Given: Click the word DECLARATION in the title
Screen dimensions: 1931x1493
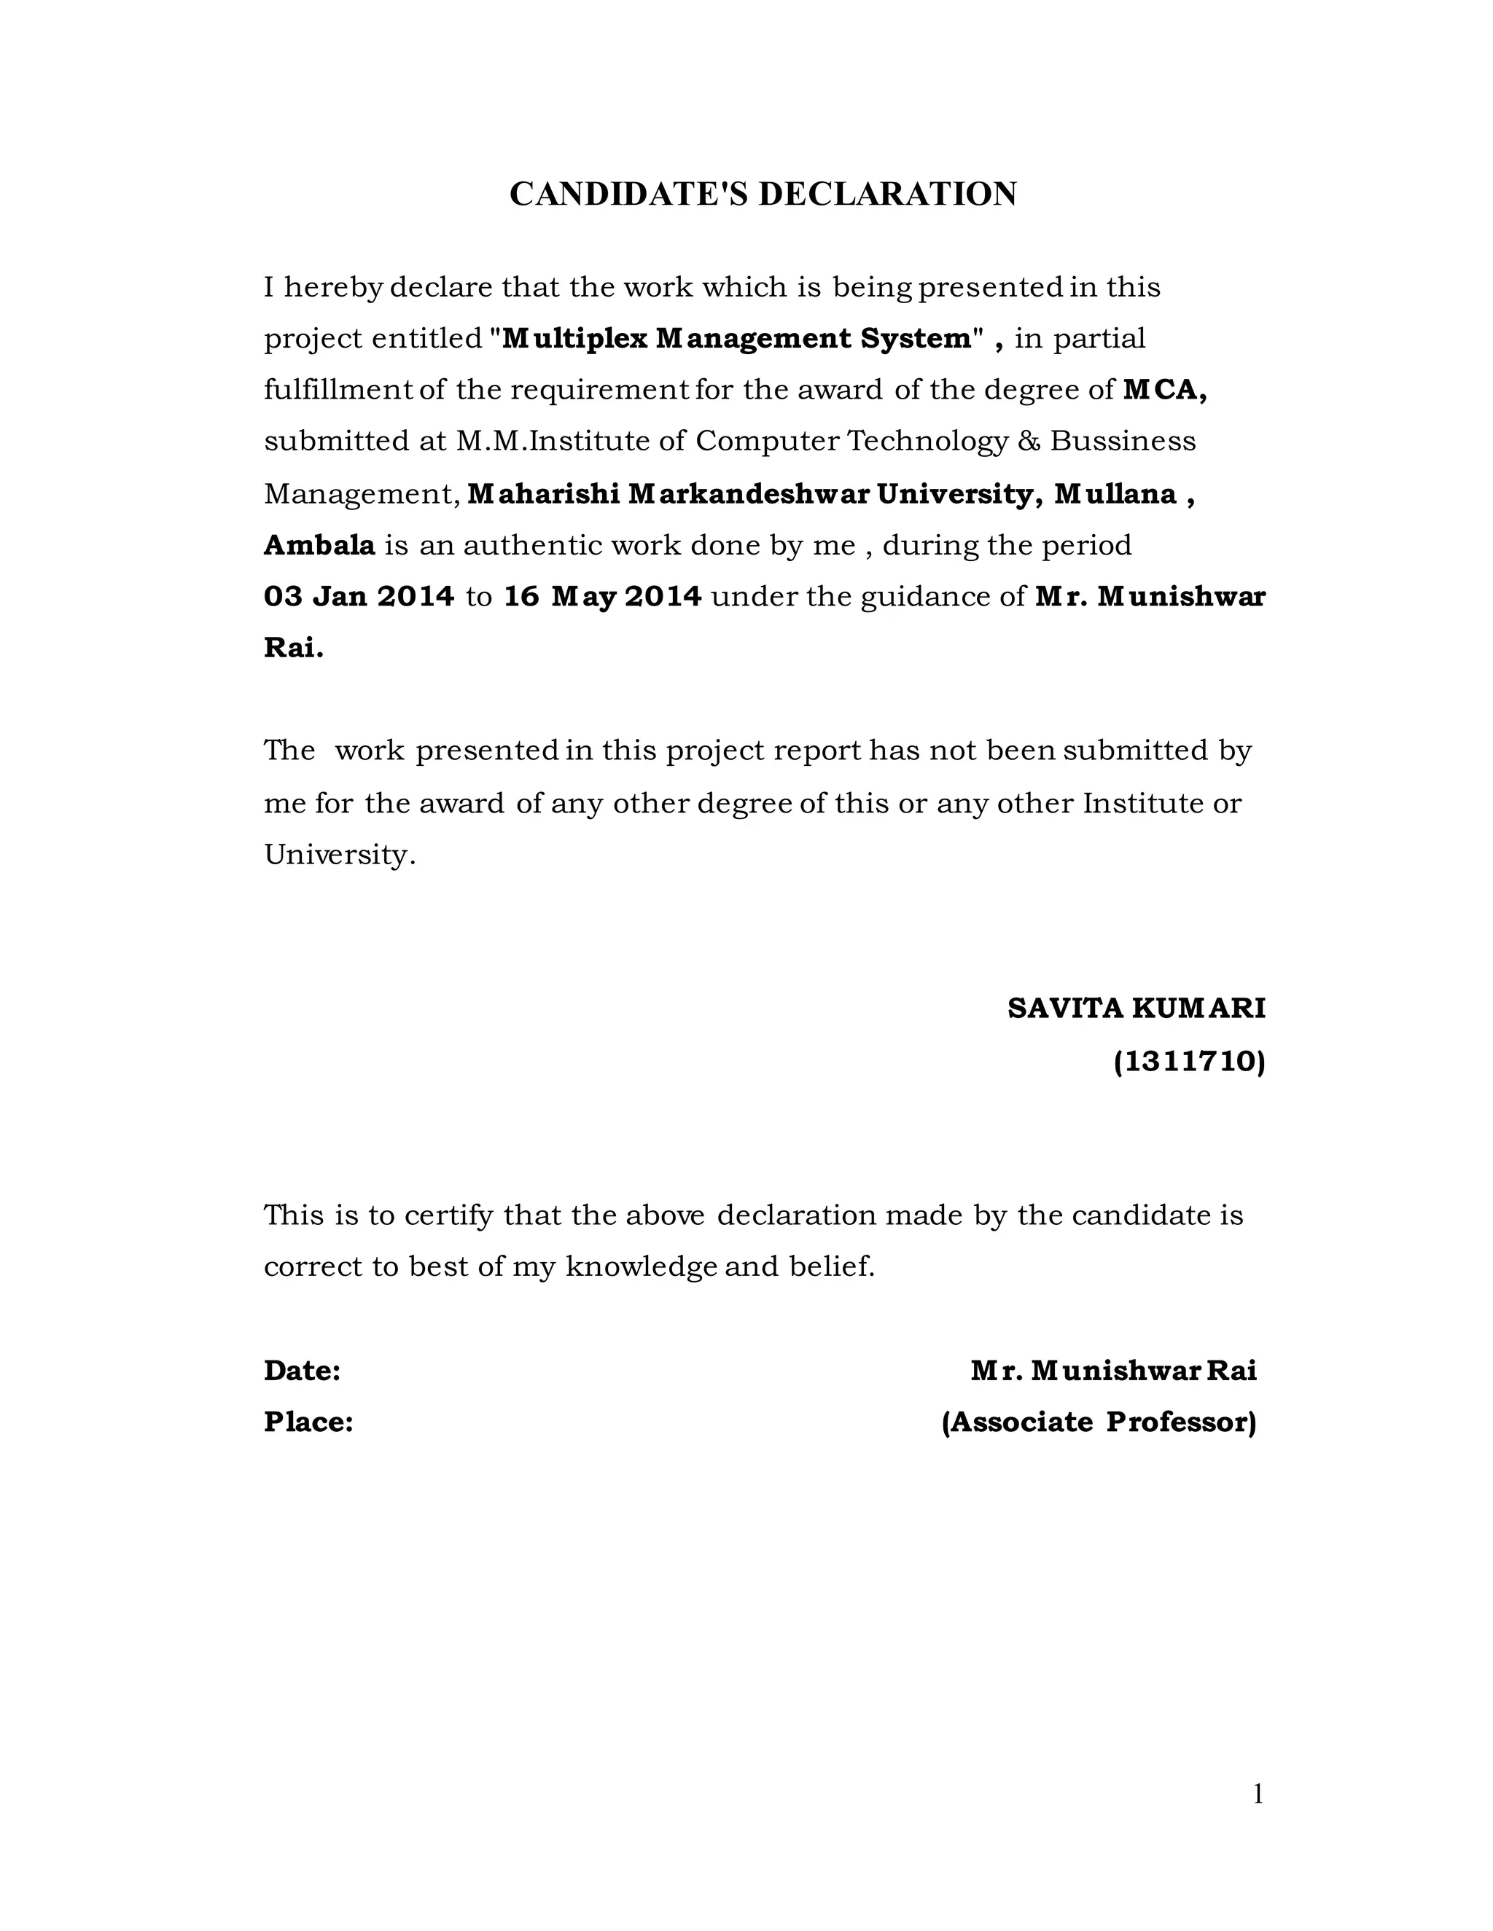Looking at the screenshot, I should pos(887,195).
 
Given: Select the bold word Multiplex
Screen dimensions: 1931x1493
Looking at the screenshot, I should pos(575,339).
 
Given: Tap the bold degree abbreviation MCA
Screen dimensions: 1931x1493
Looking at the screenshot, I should pos(1164,390).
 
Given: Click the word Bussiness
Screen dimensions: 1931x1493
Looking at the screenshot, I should pos(1123,441).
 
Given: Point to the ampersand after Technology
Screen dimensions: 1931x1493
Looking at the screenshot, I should pos(1029,441).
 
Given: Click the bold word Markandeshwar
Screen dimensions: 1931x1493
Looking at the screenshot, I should pos(749,493).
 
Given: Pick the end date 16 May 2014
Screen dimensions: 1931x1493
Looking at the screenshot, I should pos(602,597).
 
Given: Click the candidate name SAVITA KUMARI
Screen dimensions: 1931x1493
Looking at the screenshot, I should pos(1137,1008).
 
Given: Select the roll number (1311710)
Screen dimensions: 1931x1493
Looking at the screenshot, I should pos(1189,1061).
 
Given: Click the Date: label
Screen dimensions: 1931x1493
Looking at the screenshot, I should pos(303,1371).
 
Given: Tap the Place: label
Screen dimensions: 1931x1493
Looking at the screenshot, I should pos(308,1422).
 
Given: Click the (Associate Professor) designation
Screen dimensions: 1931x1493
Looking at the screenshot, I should pos(1099,1422).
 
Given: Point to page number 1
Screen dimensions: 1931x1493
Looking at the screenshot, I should pos(1258,1795).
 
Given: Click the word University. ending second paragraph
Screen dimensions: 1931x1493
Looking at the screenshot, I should pos(340,855).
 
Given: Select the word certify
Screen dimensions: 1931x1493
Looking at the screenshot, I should pos(448,1215).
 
